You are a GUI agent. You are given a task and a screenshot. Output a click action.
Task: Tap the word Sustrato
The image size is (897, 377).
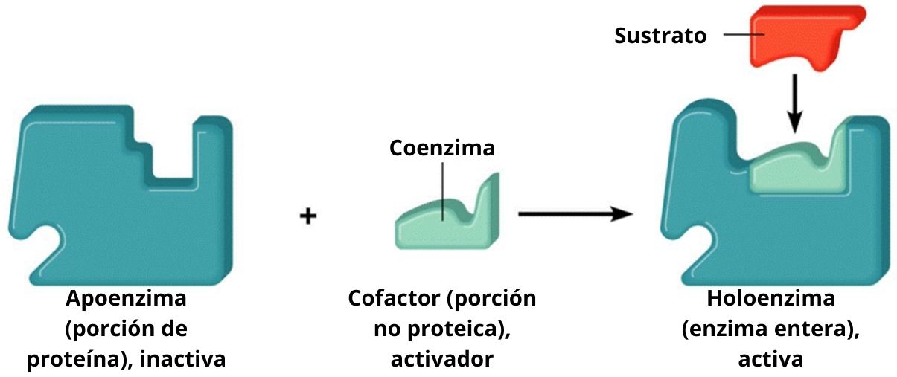coord(660,36)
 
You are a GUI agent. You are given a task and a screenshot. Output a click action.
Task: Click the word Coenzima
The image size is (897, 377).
coord(441,147)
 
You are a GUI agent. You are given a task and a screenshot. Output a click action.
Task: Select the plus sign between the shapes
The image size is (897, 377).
coord(308,216)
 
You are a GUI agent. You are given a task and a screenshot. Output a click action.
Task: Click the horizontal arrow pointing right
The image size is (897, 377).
coord(574,215)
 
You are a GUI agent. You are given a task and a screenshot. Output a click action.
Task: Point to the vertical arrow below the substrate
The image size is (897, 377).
coord(796,101)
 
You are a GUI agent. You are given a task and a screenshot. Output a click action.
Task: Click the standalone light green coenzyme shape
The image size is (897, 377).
coord(447,220)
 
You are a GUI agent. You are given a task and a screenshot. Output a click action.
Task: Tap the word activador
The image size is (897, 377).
coord(441,360)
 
